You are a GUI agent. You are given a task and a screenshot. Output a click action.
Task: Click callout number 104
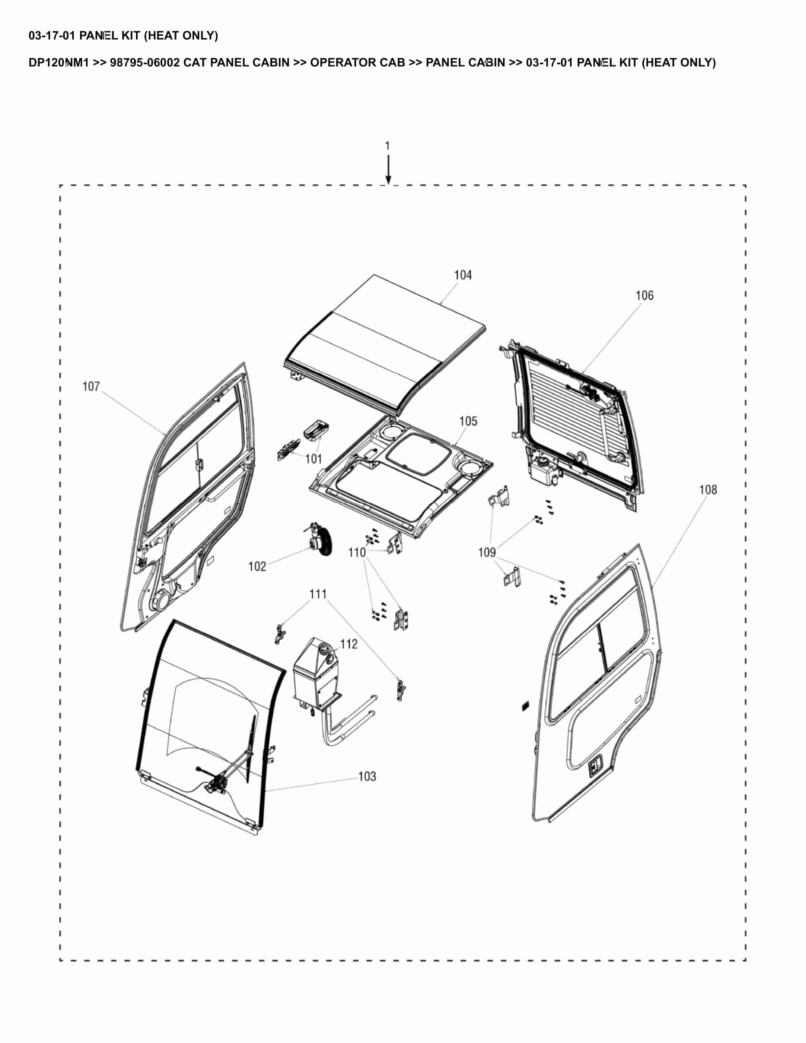463,275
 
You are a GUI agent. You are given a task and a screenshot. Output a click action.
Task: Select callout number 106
644,296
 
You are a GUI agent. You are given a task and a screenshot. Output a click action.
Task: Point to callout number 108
708,490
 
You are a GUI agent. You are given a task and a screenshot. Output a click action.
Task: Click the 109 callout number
487,552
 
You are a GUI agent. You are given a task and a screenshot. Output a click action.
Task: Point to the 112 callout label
349,644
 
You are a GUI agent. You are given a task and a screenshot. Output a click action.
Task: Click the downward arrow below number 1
388,171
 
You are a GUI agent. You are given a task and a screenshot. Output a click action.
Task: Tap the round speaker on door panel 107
163,600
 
